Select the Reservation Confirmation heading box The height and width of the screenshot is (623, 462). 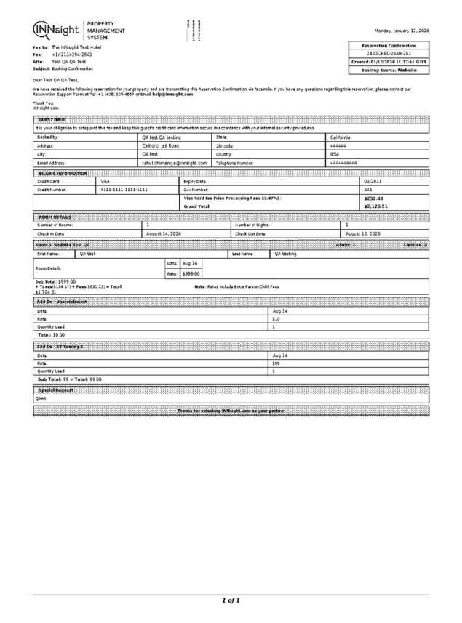389,46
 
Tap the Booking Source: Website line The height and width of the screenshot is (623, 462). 389,70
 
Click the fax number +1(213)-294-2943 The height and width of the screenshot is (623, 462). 71,55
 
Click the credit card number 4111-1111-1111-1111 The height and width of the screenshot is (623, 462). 124,189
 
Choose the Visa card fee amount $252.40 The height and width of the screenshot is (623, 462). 373,198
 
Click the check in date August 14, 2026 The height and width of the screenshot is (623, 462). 164,233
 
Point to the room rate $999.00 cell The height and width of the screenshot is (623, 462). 191,273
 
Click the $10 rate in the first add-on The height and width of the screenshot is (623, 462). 276,318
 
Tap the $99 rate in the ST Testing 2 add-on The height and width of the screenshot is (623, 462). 276,363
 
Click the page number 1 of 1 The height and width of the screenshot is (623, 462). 231,600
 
